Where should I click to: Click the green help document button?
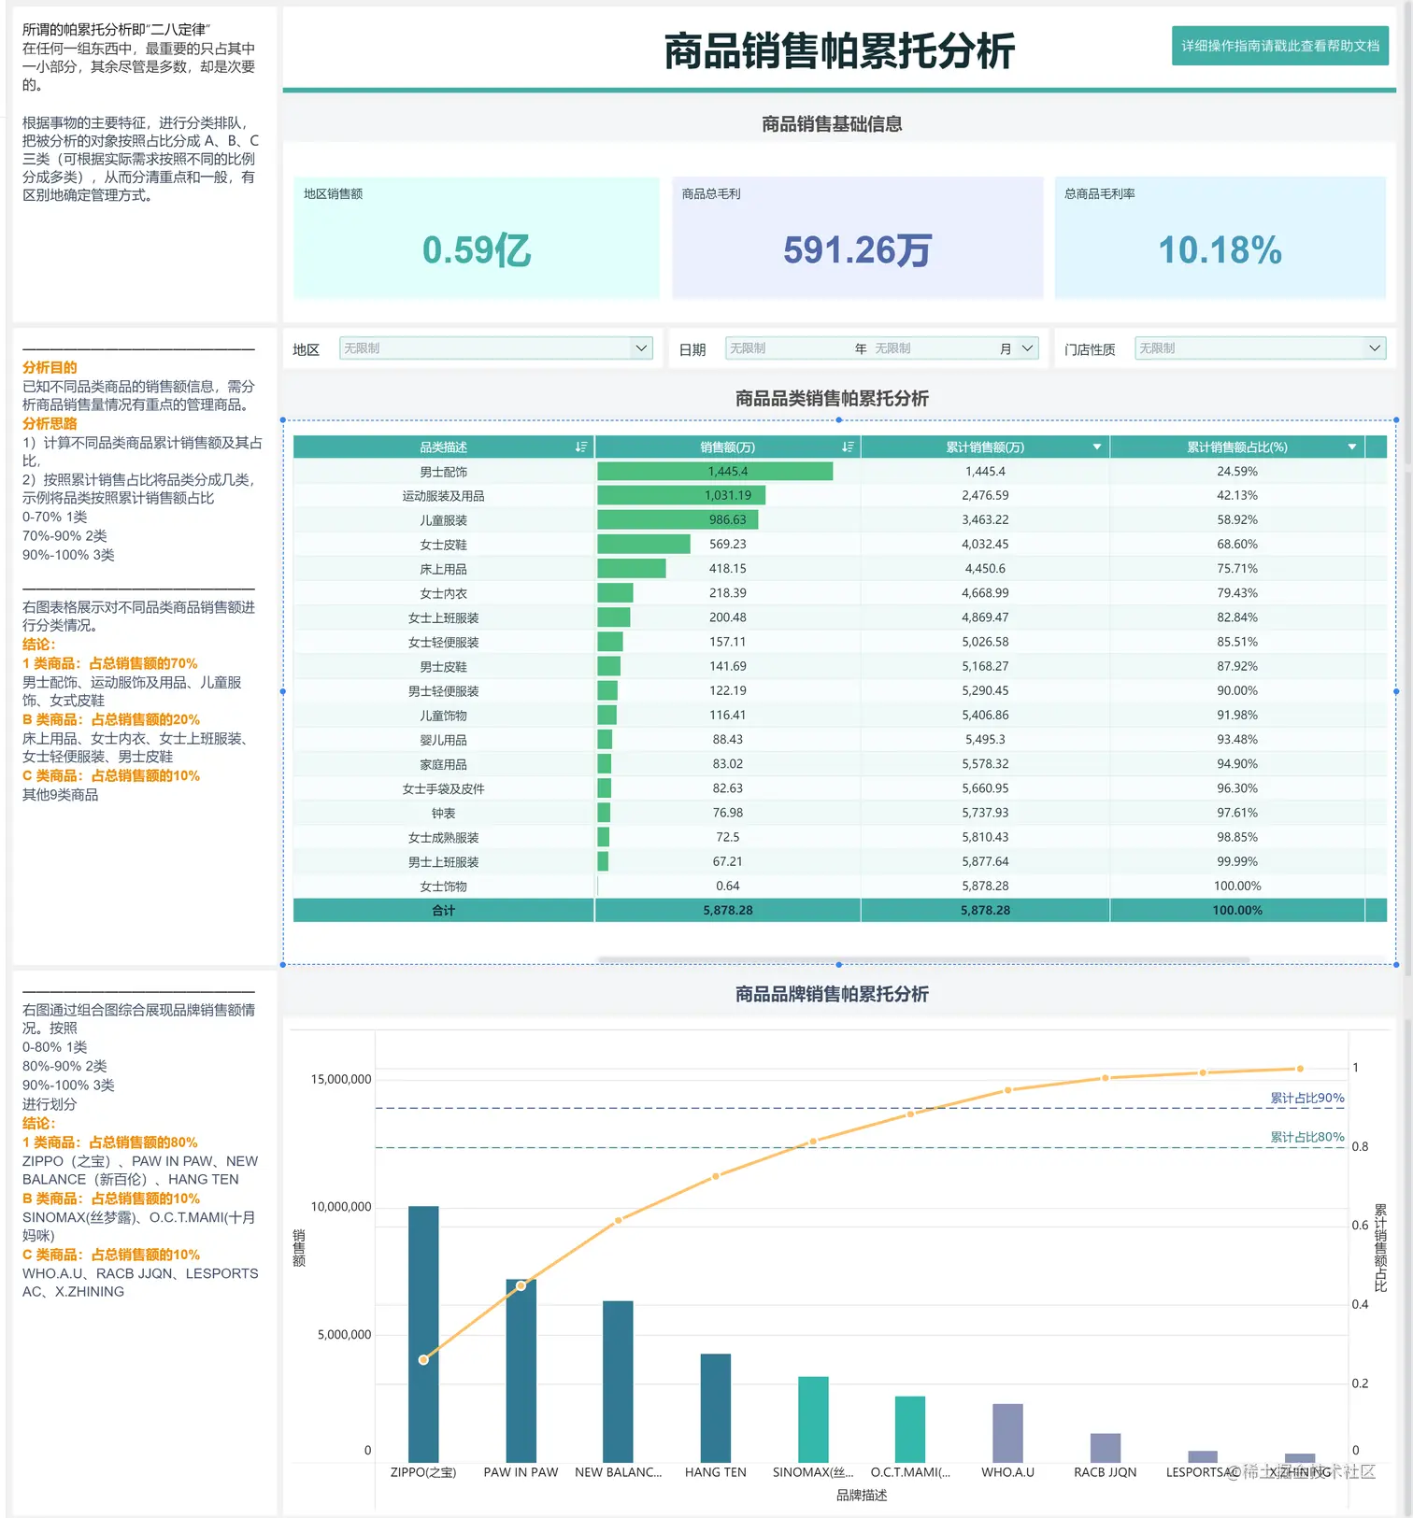pos(1279,46)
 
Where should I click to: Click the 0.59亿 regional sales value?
pos(477,250)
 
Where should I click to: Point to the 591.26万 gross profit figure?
pos(857,250)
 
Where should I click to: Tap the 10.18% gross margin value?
pos(1220,250)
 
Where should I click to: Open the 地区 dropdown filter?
pos(495,348)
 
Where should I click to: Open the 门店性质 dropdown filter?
pos(1259,348)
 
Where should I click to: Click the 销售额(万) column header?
pos(727,447)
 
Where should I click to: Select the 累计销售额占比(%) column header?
pos(1236,447)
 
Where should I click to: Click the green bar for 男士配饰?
pos(714,472)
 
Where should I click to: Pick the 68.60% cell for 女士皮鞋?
pos(1236,545)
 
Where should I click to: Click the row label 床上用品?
pos(443,569)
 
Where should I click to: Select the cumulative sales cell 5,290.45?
pos(985,691)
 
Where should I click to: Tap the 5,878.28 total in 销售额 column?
pos(727,911)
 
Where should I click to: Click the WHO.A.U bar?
pos(1007,1433)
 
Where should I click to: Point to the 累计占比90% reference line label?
pos(1306,1099)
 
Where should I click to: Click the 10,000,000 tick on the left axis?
pos(341,1207)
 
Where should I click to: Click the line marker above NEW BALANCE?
pos(618,1220)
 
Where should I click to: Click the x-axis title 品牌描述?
pos(862,1496)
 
